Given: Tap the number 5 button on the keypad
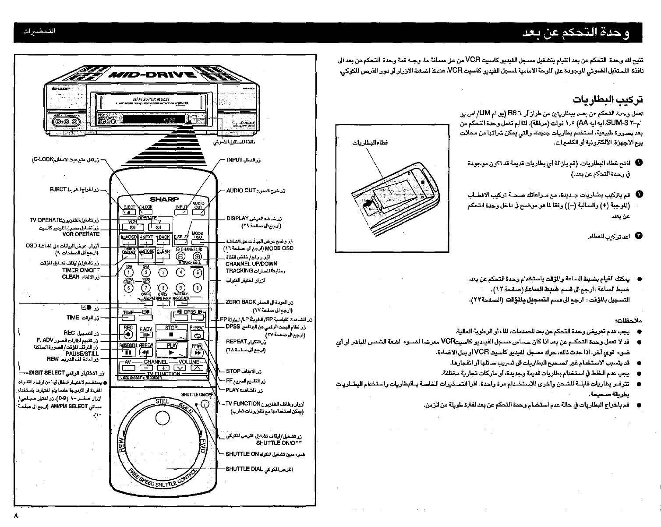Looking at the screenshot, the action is point(197,272).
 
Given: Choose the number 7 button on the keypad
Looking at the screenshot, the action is point(146,288).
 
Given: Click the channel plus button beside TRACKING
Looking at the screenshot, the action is point(197,257).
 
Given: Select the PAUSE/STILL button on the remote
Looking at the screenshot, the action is point(128,352).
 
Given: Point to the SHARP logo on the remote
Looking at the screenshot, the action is point(164,199).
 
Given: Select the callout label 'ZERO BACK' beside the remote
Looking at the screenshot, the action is point(240,302).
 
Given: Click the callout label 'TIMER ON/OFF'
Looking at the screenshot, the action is point(81,270).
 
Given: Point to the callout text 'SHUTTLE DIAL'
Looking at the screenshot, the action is point(244,469).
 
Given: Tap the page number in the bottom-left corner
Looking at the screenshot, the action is point(16,516).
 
